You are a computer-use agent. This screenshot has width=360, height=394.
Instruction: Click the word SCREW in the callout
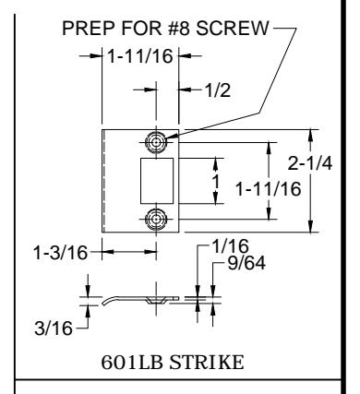(x=233, y=28)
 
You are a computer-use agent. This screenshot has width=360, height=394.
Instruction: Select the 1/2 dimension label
(x=218, y=90)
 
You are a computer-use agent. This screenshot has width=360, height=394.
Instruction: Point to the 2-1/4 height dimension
(x=310, y=163)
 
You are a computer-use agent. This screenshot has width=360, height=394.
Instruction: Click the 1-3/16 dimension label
(x=61, y=253)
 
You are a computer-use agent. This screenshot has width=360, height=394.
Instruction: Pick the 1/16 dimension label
(x=231, y=246)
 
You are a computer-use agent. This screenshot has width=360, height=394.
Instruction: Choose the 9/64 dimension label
(x=246, y=263)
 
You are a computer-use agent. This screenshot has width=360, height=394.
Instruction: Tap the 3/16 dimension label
(x=54, y=328)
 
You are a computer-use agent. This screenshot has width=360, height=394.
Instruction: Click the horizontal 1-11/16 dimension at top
(x=140, y=56)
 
